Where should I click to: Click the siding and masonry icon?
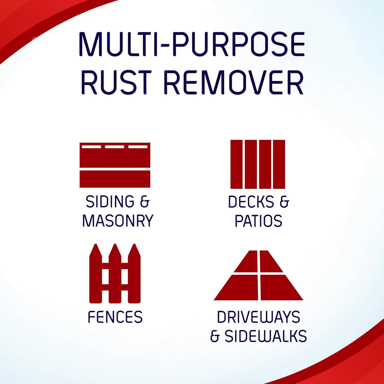(115, 165)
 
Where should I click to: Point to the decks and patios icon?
(258, 164)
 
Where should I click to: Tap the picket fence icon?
(115, 274)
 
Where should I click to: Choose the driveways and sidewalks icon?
(258, 276)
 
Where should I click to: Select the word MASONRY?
(118, 221)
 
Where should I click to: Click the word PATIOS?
(258, 221)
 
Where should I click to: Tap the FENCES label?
(115, 317)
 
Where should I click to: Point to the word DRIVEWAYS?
(258, 317)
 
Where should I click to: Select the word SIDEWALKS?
(265, 336)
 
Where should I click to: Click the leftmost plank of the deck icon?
(237, 164)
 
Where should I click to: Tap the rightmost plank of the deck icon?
(279, 164)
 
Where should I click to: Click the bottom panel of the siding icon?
(115, 179)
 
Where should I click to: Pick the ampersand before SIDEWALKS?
(215, 336)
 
